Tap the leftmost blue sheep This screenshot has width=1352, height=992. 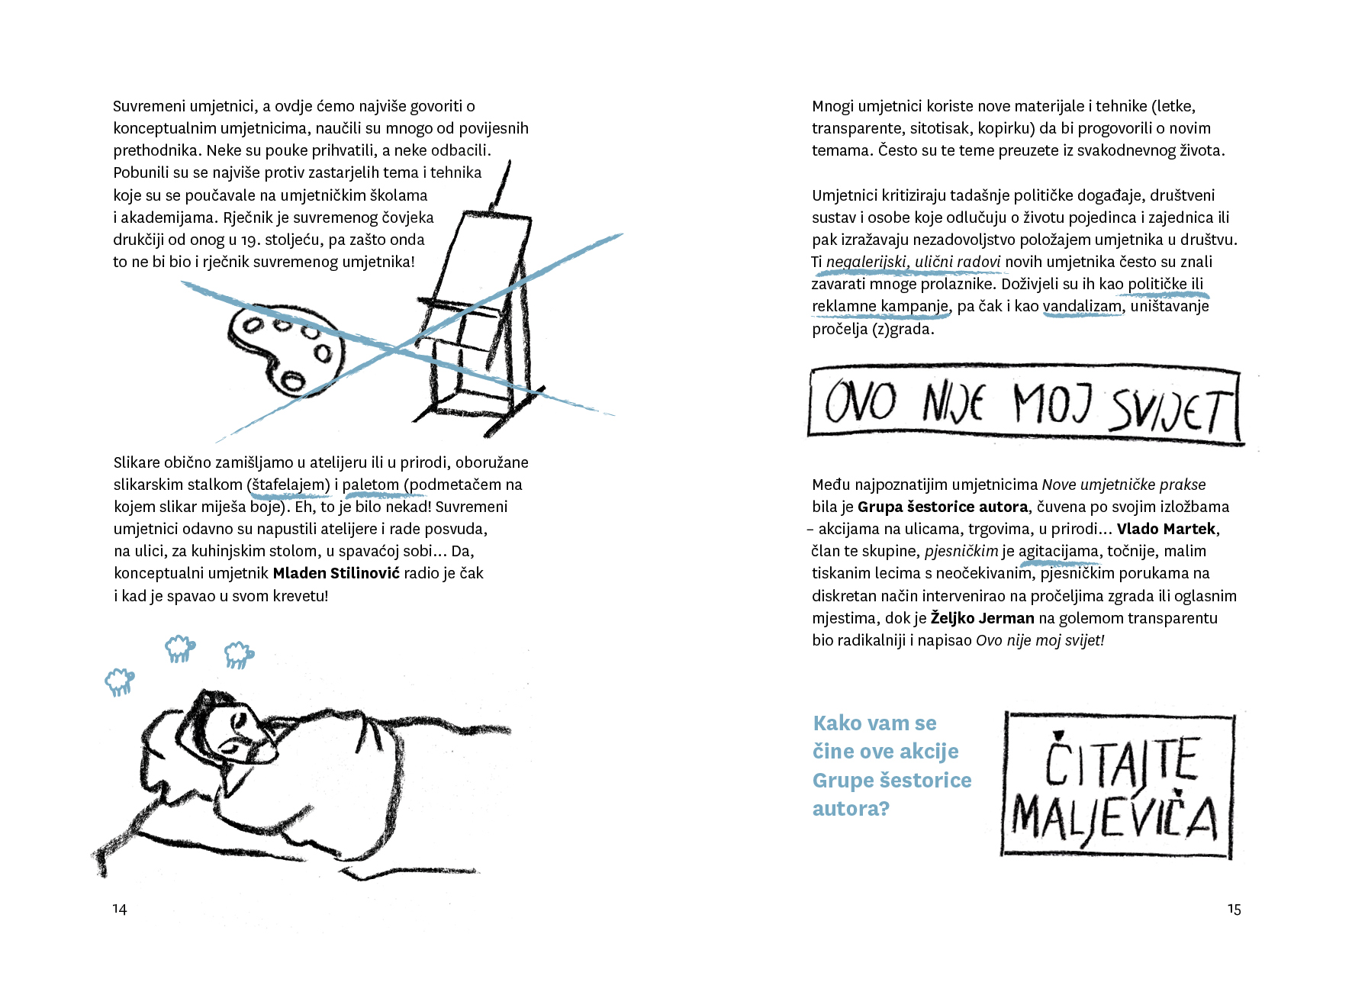(x=119, y=681)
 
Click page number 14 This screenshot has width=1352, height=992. (x=120, y=909)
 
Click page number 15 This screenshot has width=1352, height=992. (x=1234, y=909)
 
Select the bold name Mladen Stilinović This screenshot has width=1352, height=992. (x=336, y=573)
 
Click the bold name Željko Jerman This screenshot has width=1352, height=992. (x=982, y=618)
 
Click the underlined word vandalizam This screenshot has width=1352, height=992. (x=1083, y=307)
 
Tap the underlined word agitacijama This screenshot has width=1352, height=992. (x=1059, y=552)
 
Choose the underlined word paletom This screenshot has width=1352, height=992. (x=371, y=485)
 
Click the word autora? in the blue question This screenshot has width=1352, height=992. (x=851, y=808)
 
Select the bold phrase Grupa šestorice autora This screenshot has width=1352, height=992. (x=942, y=507)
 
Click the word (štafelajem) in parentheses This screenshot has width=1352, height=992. (x=288, y=485)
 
